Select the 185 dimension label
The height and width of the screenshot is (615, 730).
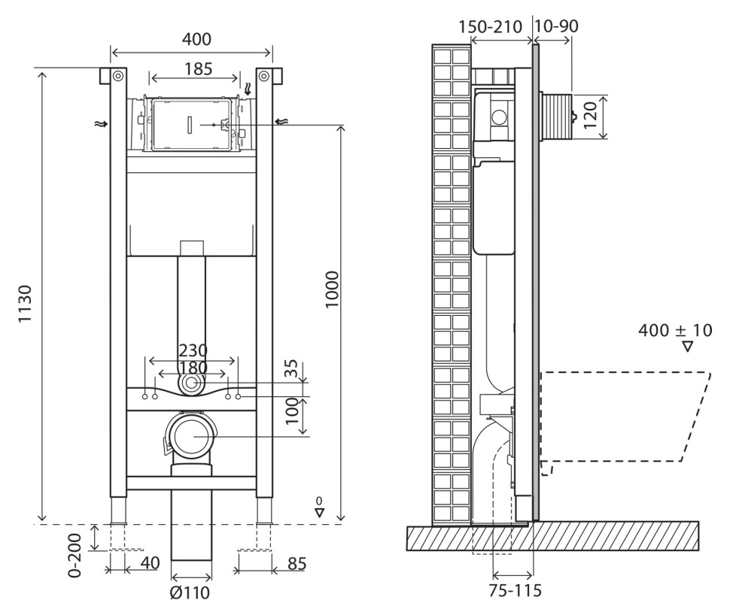coord(194,69)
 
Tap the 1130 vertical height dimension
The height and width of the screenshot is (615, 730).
coord(26,304)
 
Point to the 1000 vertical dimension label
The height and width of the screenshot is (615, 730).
coord(332,289)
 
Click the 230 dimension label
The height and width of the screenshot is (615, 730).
coord(193,351)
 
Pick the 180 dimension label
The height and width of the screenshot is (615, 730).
coord(193,368)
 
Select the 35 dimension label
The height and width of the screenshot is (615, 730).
coord(296,369)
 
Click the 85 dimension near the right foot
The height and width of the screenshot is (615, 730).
coord(297,563)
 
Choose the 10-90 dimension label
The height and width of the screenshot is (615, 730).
coord(556,27)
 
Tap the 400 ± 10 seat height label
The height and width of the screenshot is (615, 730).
coord(674,330)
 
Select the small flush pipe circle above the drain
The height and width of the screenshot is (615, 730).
coord(192,384)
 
